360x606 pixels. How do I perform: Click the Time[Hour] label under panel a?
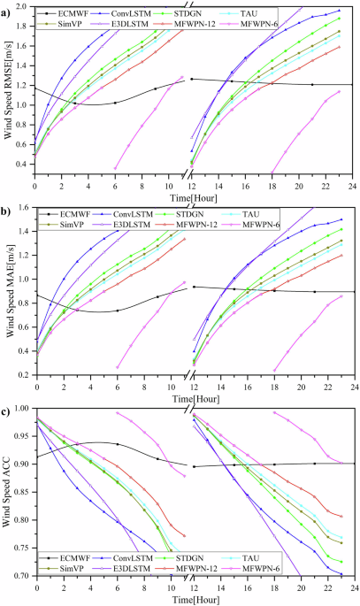pos(193,195)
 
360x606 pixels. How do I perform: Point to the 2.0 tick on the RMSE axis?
pos(23,7)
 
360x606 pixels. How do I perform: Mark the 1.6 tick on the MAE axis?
pos(23,208)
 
